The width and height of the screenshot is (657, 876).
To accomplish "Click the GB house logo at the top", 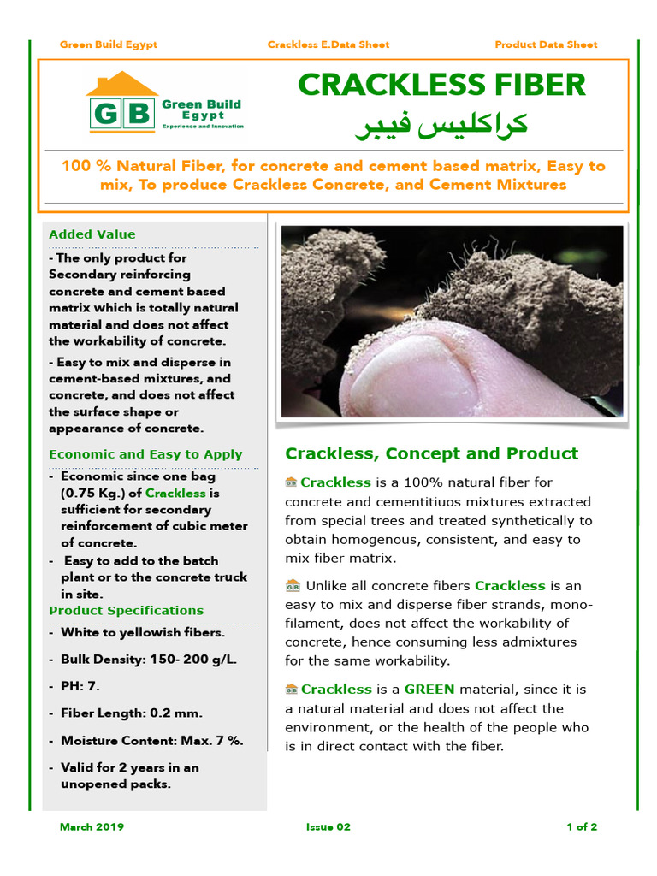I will (x=122, y=104).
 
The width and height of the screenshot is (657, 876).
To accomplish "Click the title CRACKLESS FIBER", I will (x=441, y=85).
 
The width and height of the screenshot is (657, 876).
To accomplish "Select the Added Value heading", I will (x=92, y=234).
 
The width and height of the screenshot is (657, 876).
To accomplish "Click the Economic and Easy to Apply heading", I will (x=145, y=454).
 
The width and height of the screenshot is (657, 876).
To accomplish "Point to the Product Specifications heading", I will (x=126, y=610).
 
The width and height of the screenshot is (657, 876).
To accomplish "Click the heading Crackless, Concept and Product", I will (x=431, y=453).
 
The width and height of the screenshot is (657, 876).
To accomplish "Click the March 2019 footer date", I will (x=92, y=827).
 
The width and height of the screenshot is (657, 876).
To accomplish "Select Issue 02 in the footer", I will (x=328, y=827).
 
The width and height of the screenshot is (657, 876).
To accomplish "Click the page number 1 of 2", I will (x=582, y=827).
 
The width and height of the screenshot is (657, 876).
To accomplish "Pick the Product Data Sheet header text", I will (x=546, y=44).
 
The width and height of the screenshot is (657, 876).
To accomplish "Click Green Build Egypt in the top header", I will (x=109, y=44).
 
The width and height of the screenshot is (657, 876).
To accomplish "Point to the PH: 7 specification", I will (x=80, y=686).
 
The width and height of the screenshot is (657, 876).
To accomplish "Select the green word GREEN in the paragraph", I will (x=429, y=690).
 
